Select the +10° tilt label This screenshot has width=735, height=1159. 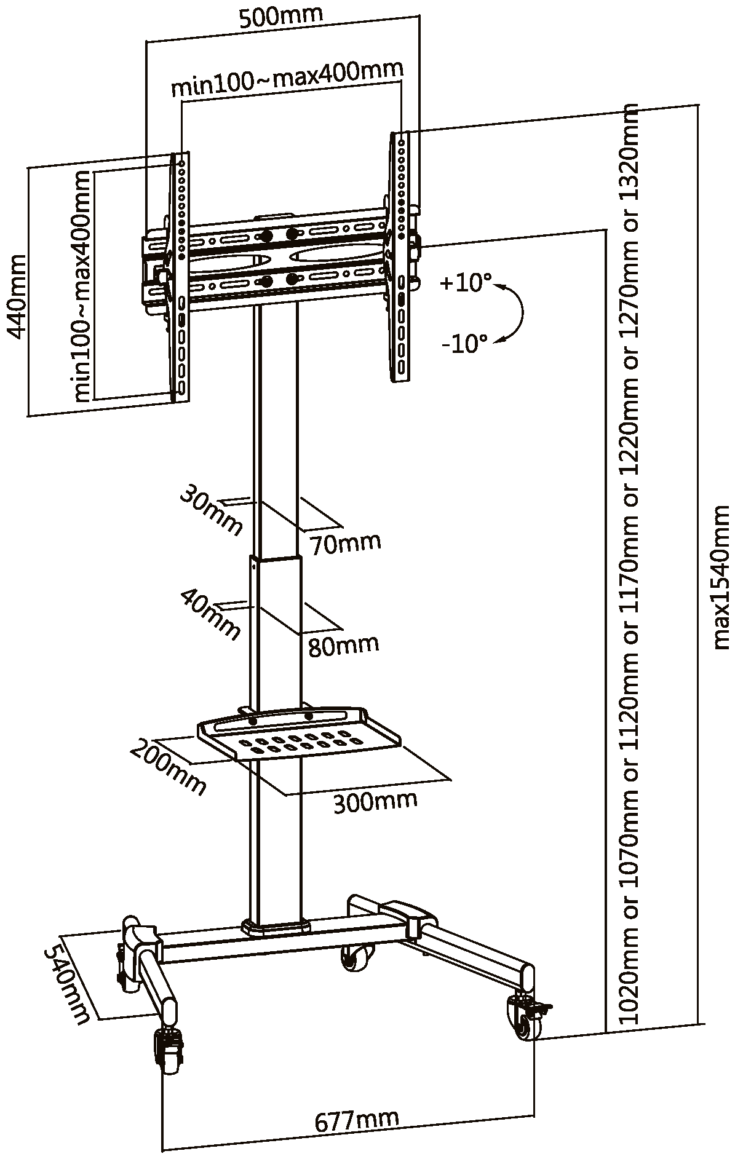[x=466, y=283]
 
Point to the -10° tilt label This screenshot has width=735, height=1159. [x=464, y=343]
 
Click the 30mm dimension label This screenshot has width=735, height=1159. [x=211, y=509]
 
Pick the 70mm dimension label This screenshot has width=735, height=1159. [x=346, y=544]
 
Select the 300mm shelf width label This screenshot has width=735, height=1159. [x=375, y=801]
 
